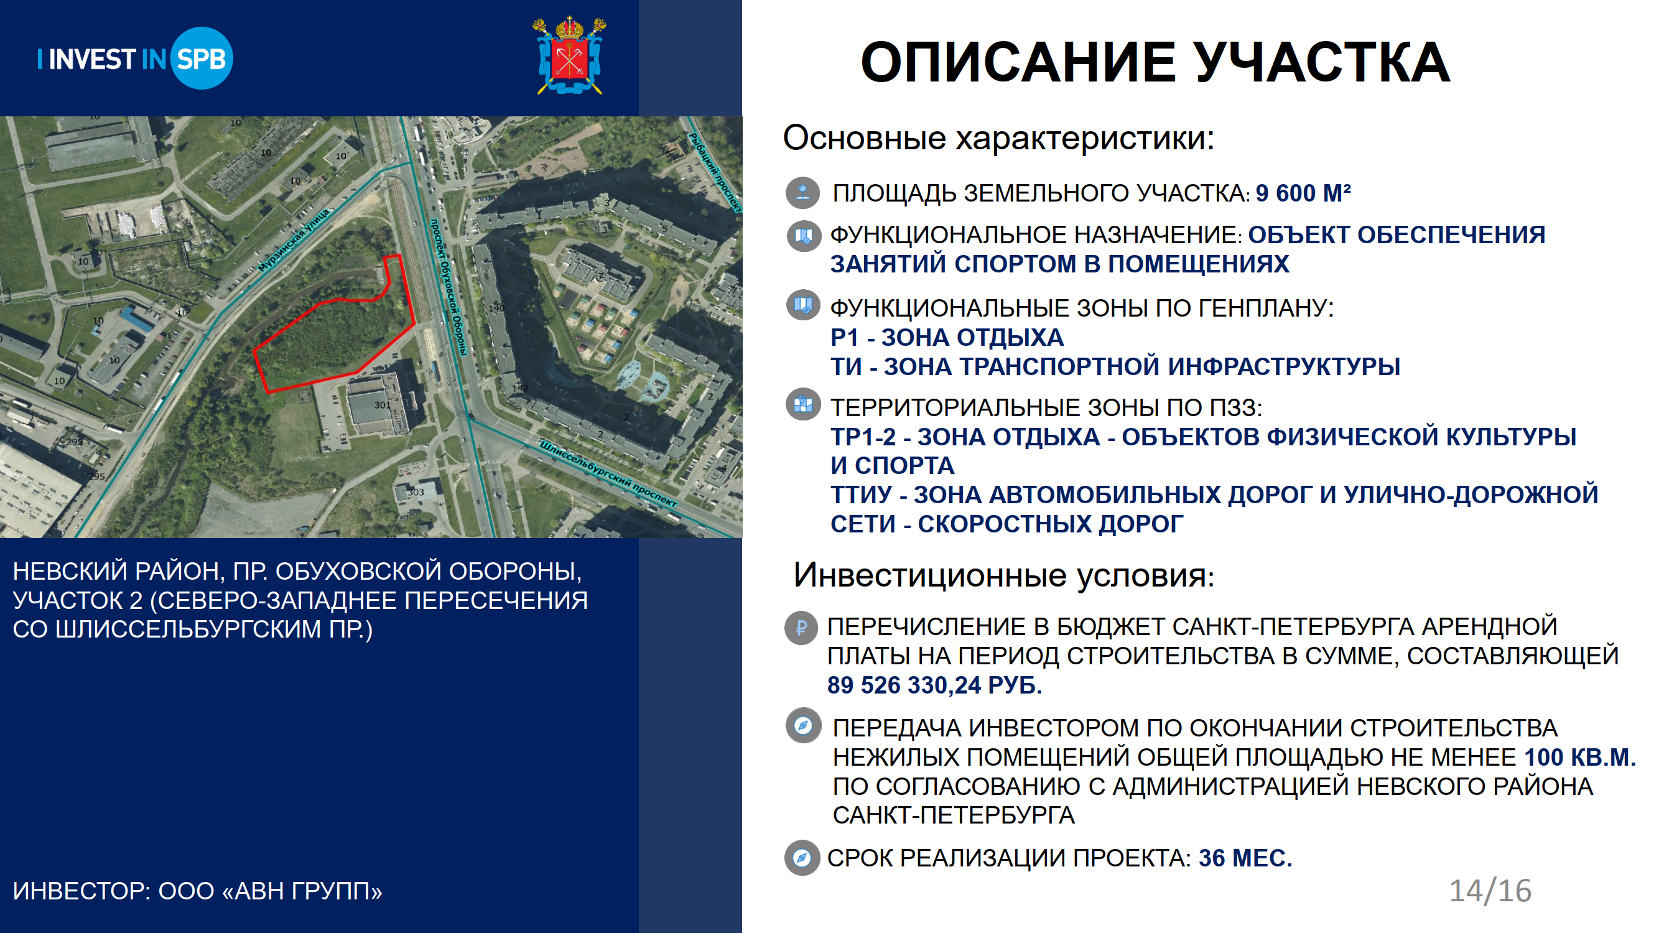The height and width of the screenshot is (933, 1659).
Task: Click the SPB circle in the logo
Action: click(202, 58)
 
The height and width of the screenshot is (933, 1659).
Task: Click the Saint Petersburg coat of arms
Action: click(569, 55)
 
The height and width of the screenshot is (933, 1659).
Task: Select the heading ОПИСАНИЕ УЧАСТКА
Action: click(1155, 62)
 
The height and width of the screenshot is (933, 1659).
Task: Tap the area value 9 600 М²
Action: click(1303, 193)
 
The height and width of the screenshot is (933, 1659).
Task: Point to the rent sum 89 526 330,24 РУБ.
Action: click(934, 685)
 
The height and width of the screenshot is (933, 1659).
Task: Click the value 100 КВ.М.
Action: click(1580, 757)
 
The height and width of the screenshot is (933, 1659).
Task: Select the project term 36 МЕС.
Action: click(1245, 858)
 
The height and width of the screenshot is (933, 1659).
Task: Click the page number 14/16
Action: click(1490, 891)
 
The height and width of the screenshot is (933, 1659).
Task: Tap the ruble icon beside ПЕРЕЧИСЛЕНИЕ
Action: click(801, 628)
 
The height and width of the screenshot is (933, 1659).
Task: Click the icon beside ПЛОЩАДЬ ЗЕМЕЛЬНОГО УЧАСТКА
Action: click(802, 193)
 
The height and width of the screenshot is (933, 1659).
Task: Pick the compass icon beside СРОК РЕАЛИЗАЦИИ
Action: click(802, 858)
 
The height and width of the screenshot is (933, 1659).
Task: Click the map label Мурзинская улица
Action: click(294, 240)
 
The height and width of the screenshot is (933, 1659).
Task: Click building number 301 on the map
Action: click(382, 405)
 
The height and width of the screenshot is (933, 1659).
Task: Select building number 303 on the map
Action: click(416, 492)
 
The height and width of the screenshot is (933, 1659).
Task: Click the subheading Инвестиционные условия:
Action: click(1004, 575)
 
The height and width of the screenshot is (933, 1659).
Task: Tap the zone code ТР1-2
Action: click(863, 437)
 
